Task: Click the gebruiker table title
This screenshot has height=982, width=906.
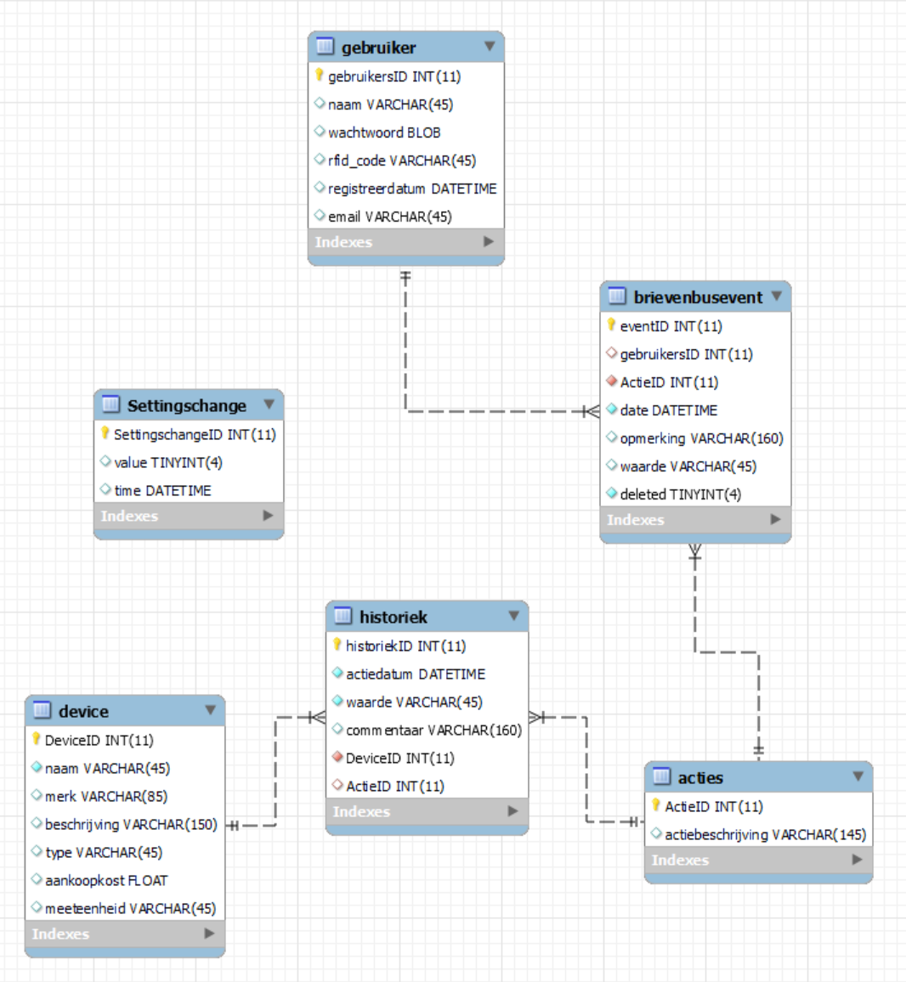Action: [378, 48]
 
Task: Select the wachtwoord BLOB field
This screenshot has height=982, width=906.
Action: [384, 133]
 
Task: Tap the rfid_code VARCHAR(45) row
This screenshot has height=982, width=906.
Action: [401, 161]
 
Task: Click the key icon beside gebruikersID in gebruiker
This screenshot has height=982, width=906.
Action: [320, 76]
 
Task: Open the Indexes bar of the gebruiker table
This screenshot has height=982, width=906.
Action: [405, 242]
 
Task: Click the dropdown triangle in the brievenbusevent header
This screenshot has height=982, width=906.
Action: [777, 296]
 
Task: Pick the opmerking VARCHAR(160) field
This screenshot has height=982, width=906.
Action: [701, 438]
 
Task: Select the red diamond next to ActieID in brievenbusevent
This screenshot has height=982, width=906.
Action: [611, 381]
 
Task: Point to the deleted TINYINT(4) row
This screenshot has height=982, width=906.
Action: [680, 494]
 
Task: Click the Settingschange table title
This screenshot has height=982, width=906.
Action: [186, 405]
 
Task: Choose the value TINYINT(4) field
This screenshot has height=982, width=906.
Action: [167, 462]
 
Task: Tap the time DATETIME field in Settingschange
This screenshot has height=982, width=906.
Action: [162, 490]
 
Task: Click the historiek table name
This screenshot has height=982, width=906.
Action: [393, 617]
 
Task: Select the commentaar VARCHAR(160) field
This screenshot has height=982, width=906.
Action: [433, 730]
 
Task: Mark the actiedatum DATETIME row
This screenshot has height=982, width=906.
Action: [415, 674]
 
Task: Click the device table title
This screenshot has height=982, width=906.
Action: [83, 711]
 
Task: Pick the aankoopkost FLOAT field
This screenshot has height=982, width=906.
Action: [106, 880]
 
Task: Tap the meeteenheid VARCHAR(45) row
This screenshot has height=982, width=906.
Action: [130, 908]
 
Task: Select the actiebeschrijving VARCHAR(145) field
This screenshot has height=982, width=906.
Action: [765, 834]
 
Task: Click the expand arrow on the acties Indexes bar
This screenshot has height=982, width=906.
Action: [857, 860]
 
